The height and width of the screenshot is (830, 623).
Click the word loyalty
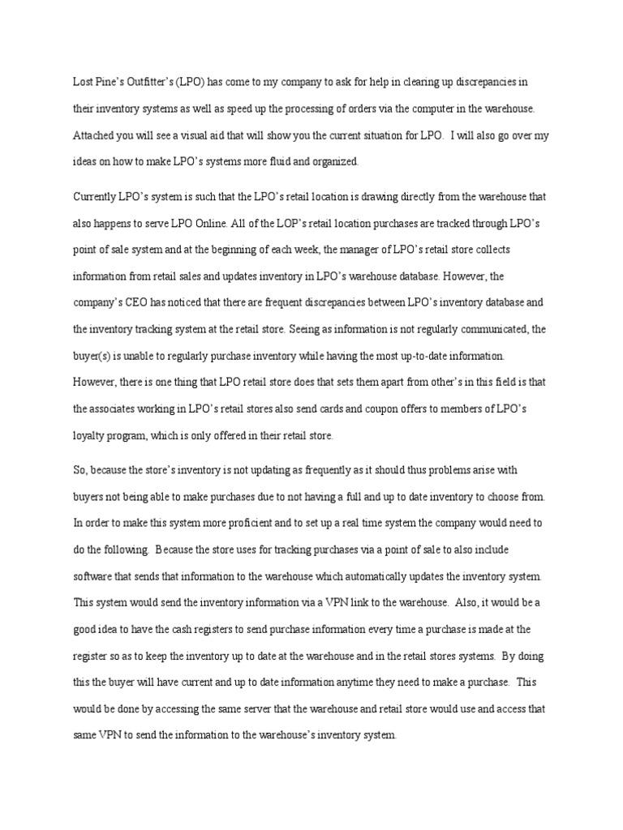[x=88, y=436]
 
